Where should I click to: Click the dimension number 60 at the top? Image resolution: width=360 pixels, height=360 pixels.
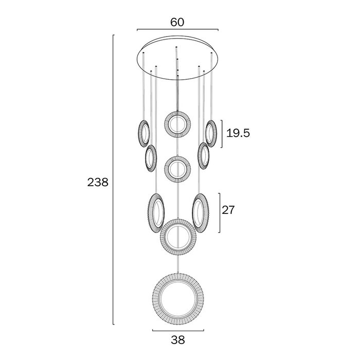(x=177, y=22)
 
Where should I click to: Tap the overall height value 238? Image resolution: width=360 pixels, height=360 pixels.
(x=98, y=183)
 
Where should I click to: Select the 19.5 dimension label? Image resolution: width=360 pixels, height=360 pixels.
(x=238, y=133)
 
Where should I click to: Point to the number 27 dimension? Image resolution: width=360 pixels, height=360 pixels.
(x=228, y=210)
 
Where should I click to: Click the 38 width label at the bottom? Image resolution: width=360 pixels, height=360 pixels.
(x=178, y=340)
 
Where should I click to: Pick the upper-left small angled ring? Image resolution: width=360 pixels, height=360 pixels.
(x=139, y=133)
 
